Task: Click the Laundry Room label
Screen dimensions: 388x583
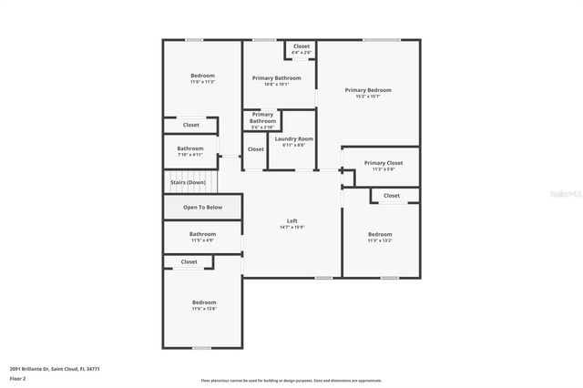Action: [x=293, y=138]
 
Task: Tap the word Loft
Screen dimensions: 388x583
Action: [x=292, y=220]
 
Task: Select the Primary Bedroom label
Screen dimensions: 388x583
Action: [x=368, y=90]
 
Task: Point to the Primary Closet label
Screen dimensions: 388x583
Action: [x=383, y=163]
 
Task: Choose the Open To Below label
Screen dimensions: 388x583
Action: [x=202, y=207]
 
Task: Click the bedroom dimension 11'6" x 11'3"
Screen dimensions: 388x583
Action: [x=202, y=82]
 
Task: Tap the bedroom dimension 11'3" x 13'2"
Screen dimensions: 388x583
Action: [x=380, y=240]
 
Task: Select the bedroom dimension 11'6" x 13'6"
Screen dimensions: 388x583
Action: [x=204, y=309]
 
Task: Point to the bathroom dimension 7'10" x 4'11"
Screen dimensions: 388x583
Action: [x=190, y=155]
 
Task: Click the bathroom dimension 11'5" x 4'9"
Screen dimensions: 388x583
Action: [x=202, y=240]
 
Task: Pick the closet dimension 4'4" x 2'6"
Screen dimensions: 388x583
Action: [x=302, y=53]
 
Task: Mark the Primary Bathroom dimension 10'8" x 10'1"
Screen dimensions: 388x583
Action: [x=276, y=85]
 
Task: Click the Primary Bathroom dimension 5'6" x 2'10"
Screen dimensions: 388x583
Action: [x=262, y=127]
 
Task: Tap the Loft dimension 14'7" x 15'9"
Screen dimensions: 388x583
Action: [x=292, y=227]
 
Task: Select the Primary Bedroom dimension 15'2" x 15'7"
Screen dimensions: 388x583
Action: [x=368, y=97]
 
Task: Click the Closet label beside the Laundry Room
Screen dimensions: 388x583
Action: [x=256, y=149]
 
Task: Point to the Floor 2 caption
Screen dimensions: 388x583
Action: [x=17, y=377]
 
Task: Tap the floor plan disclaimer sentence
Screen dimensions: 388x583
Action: [x=291, y=381]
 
